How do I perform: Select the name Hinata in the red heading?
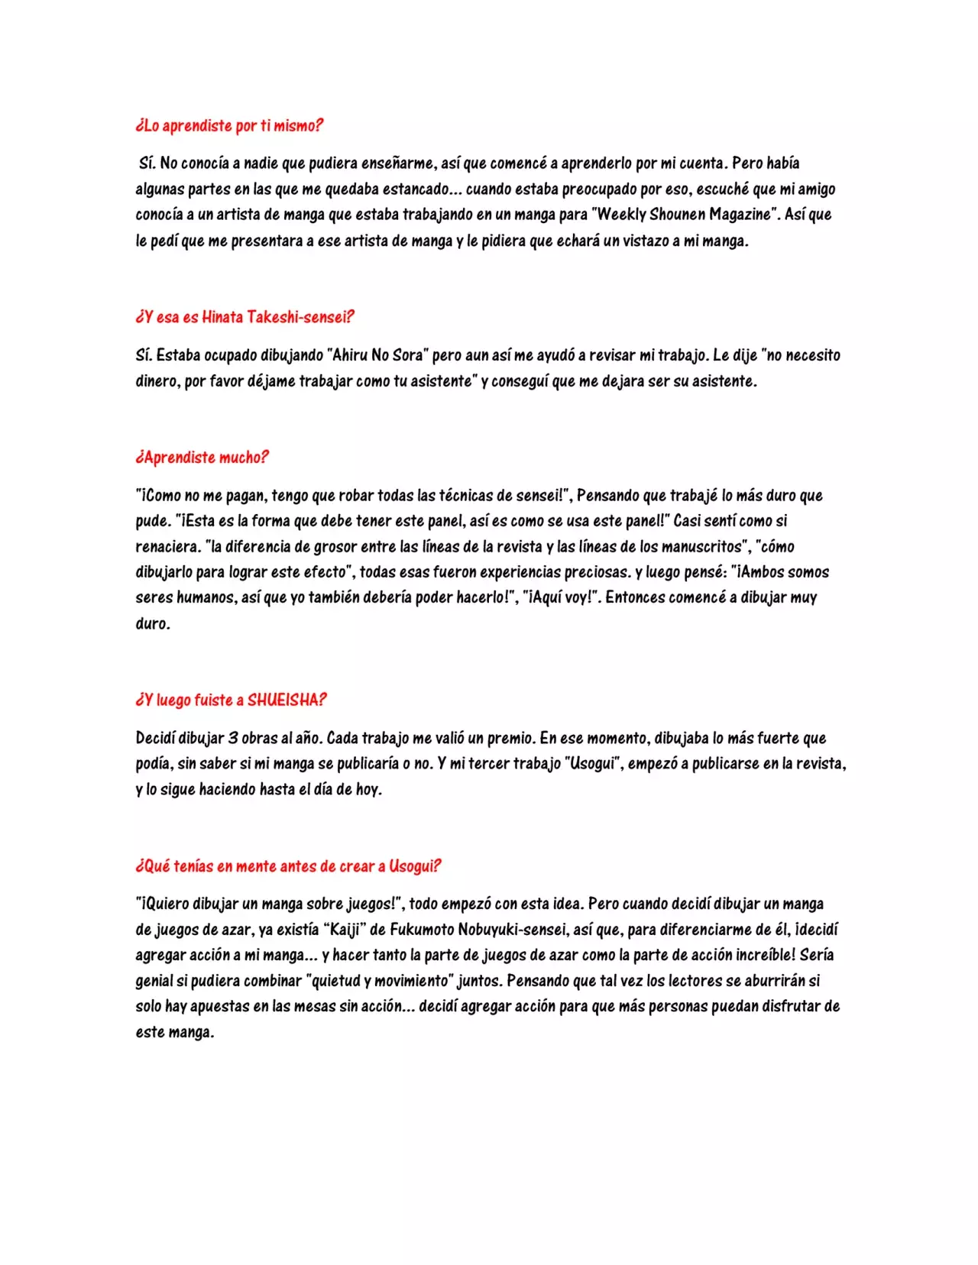(x=222, y=317)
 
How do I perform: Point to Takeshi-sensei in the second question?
(x=300, y=317)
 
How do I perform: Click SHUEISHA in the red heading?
(x=286, y=700)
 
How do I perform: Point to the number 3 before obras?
(x=234, y=738)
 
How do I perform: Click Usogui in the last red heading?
(x=415, y=866)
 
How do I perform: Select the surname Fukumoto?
(x=422, y=930)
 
